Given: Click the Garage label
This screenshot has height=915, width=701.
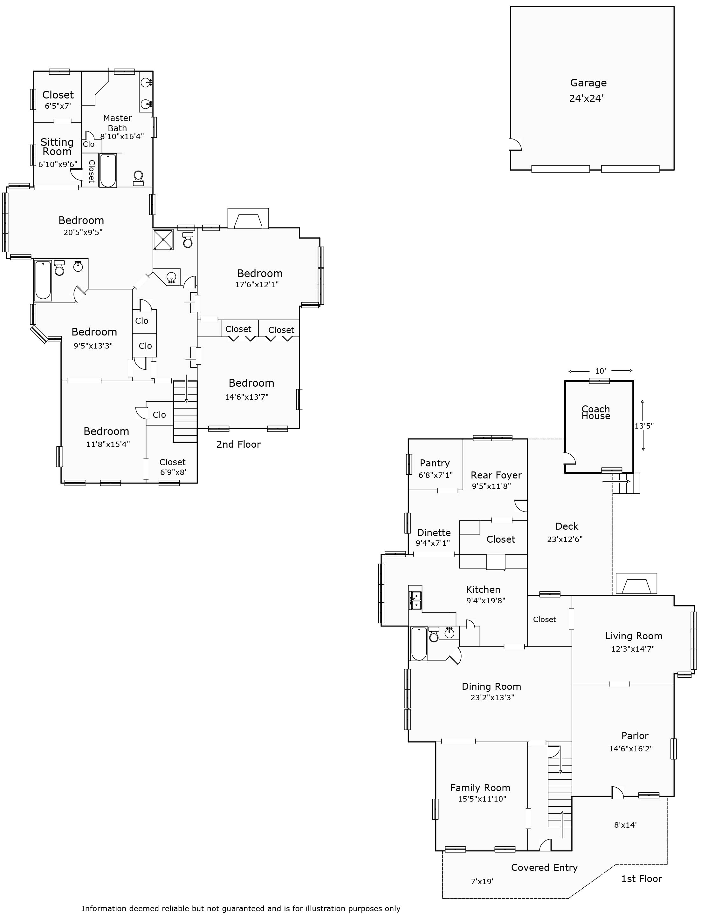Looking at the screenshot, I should (588, 83).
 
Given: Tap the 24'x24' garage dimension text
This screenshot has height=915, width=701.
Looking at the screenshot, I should (587, 99).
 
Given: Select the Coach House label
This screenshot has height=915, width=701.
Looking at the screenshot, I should (596, 412).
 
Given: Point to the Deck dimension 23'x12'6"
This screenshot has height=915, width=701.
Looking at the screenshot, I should (565, 539).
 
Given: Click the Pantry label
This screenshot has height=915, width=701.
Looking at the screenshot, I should (435, 463).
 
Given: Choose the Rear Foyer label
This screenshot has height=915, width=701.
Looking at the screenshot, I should (496, 475).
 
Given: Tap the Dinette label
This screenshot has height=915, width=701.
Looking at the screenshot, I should (434, 532).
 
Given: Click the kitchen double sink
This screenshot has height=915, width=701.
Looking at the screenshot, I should (415, 600).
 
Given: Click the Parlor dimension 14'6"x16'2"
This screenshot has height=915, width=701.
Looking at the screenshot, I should (631, 749).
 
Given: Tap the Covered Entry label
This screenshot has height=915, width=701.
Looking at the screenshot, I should (545, 867).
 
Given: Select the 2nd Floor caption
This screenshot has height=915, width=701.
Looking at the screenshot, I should (238, 444).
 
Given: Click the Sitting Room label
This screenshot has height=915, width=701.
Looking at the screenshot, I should (57, 147).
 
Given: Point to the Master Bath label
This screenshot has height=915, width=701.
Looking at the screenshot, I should (117, 123).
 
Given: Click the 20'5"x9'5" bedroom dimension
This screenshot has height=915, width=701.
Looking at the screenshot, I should (83, 232).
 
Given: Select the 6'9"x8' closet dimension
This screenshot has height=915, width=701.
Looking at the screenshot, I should (173, 472).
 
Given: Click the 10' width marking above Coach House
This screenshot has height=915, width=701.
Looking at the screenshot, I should (600, 371).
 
